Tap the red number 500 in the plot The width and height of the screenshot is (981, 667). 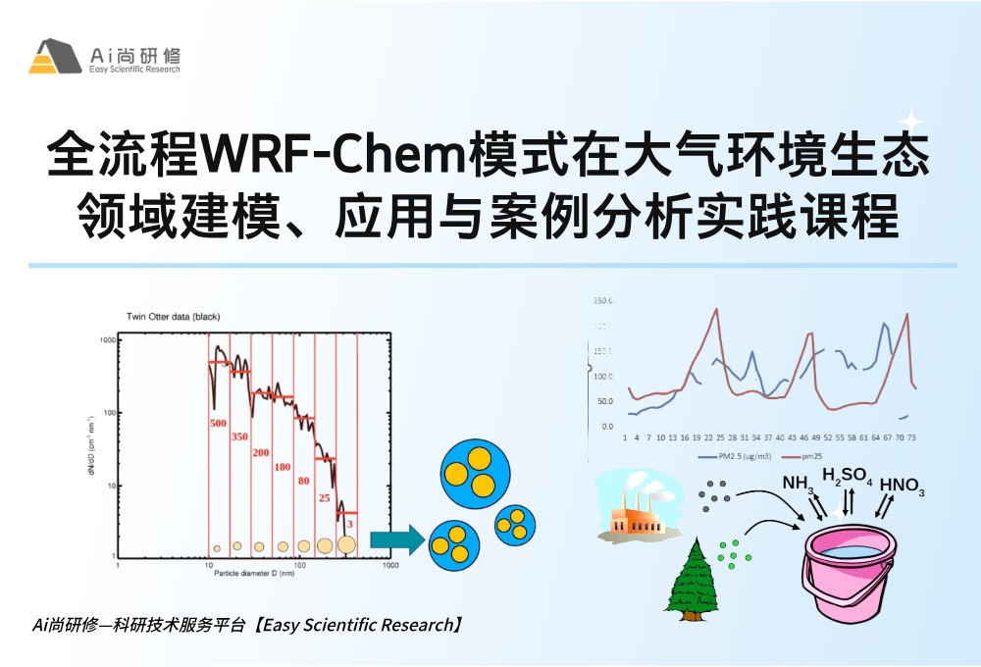[x=218, y=424]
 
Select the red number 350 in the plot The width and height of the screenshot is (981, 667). [x=239, y=436]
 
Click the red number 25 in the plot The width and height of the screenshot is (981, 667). [x=325, y=498]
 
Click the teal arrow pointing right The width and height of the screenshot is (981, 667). [x=396, y=539]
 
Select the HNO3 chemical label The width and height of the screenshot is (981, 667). [x=902, y=486]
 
